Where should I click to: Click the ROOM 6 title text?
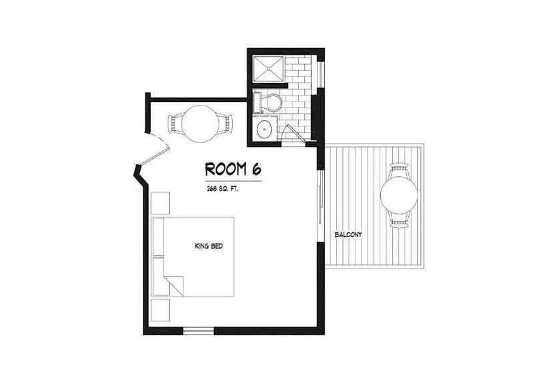233,169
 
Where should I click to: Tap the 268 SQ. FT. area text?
222,189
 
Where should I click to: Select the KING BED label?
209,246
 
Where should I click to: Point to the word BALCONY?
348,234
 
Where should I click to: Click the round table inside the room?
200,124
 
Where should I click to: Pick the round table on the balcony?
399,195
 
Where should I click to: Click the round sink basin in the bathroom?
264,129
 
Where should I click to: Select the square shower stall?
268,69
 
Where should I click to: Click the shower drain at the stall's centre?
268,69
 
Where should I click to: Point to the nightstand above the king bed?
161,203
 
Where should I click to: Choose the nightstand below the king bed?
161,310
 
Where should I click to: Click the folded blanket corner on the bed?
173,286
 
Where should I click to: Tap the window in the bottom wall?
199,331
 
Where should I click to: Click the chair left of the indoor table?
175,124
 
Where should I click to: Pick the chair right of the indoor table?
225,124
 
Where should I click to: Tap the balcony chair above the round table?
399,170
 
